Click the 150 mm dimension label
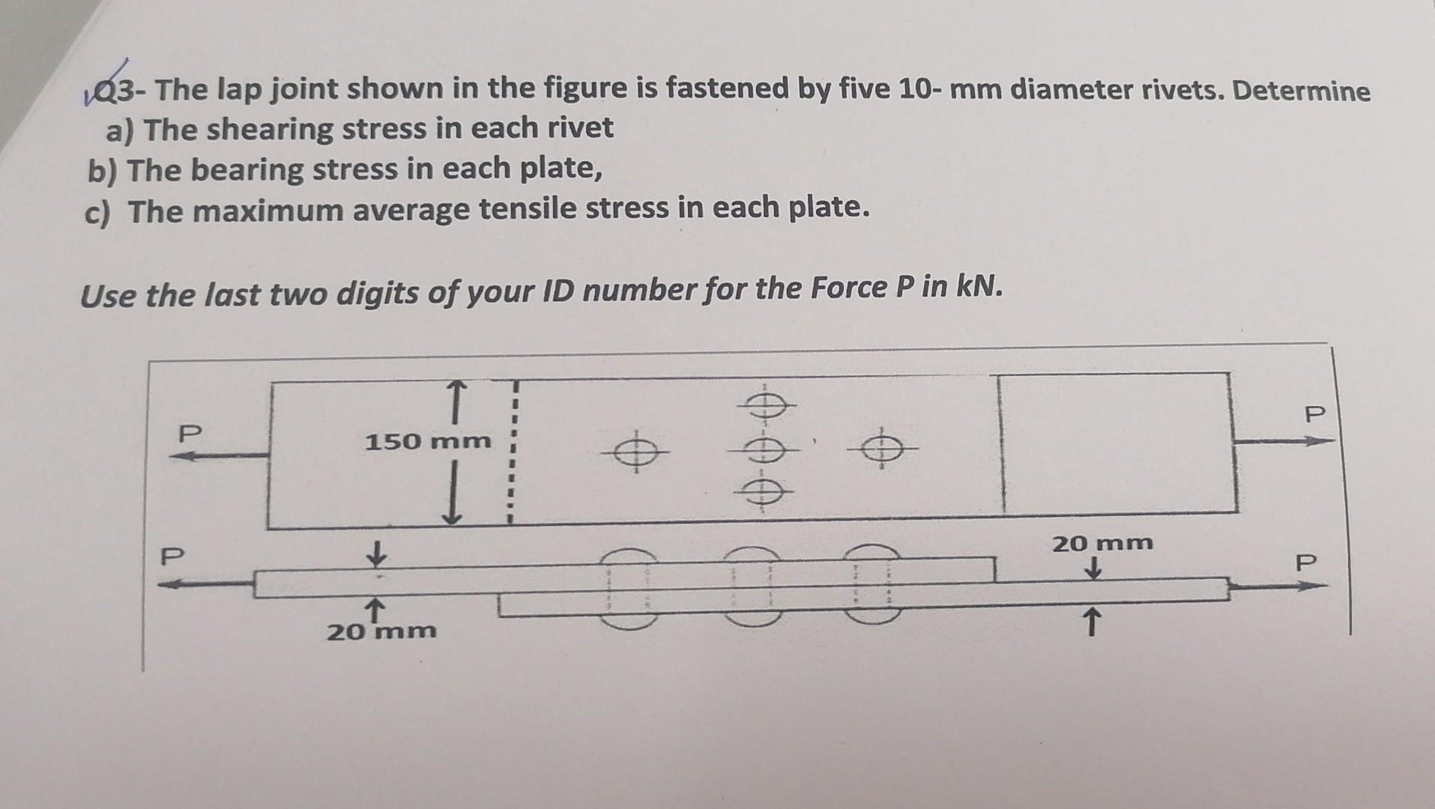pyautogui.click(x=428, y=442)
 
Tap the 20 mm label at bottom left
pyautogui.click(x=381, y=631)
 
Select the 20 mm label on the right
pyautogui.click(x=1102, y=543)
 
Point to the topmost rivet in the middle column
pyautogui.click(x=764, y=405)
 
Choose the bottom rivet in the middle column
pyautogui.click(x=763, y=492)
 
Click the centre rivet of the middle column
pyautogui.click(x=763, y=449)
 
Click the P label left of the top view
pyautogui.click(x=190, y=434)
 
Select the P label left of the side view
pyautogui.click(x=172, y=557)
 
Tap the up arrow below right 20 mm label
pyautogui.click(x=1092, y=622)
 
